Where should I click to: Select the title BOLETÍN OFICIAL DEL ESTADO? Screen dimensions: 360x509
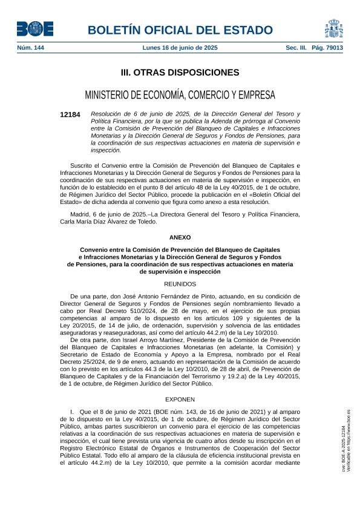pos(180,30)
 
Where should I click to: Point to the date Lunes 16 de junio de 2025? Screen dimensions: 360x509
pos(180,47)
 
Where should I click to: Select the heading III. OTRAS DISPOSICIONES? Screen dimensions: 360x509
pos(180,73)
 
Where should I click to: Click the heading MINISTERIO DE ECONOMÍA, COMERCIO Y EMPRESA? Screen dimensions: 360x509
pos(180,95)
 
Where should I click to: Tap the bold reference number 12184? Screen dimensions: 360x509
pos(70,114)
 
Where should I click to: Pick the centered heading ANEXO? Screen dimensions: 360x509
pos(180,238)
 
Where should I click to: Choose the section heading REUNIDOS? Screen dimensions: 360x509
pos(180,283)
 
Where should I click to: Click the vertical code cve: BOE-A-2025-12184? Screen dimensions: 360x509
pos(343,448)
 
